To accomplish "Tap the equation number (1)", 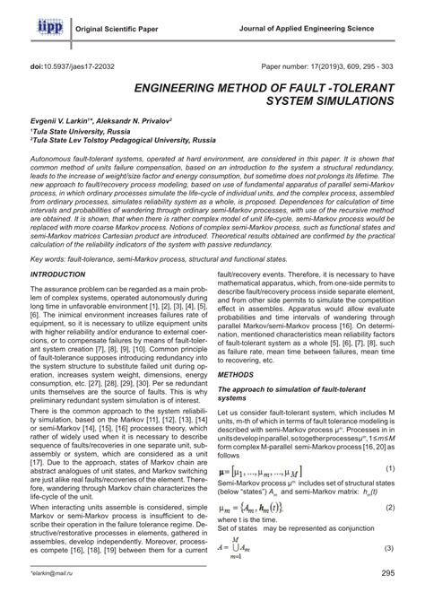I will (x=391, y=519).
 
